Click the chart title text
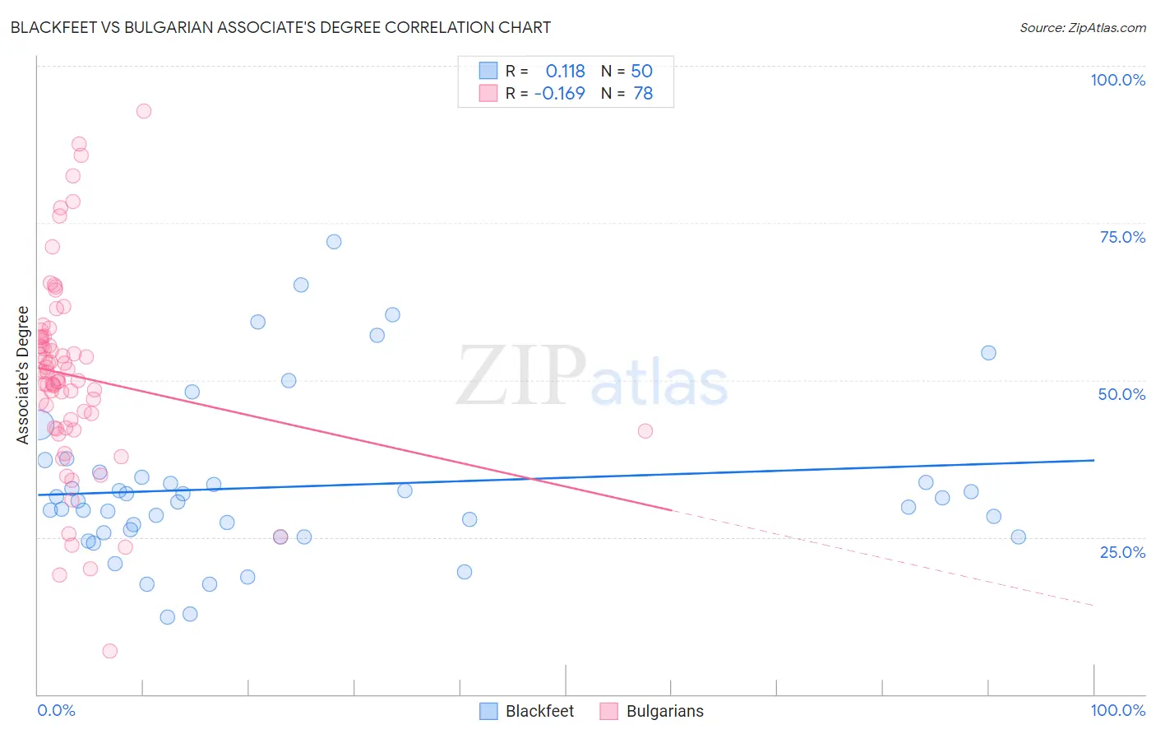[280, 27]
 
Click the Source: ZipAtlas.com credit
[1082, 27]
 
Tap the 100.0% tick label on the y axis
[1117, 80]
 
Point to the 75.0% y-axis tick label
[1122, 237]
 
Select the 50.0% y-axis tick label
[1121, 394]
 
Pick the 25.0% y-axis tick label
[1122, 551]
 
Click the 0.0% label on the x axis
[56, 710]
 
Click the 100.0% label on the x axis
[1117, 710]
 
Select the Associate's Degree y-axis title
[23, 374]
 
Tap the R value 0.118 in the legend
[565, 71]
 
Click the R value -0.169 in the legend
[559, 94]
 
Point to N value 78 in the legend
[643, 94]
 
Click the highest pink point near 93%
[144, 111]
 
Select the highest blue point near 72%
[334, 242]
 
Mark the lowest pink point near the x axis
[110, 651]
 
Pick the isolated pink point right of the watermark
[645, 431]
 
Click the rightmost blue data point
[1018, 537]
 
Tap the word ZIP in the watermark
[521, 376]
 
